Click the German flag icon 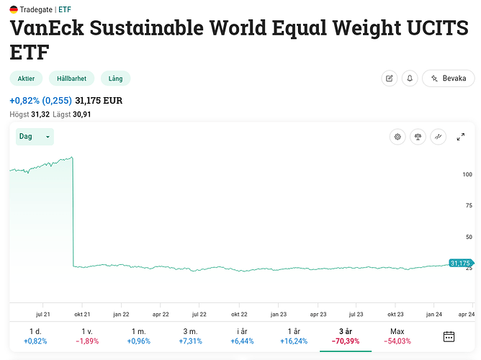(14, 9)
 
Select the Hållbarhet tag (71, 78)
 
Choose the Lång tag (115, 78)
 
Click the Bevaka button (449, 78)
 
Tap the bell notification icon (410, 78)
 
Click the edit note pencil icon (390, 78)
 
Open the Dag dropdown (35, 136)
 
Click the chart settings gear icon (396, 137)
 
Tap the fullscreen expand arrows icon (461, 137)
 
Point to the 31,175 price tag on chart (459, 264)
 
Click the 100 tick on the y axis (467, 174)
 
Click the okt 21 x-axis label (81, 314)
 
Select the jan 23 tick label (278, 314)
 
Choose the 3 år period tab (346, 336)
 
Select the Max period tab (397, 336)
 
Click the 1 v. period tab (86, 336)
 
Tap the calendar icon (449, 336)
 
